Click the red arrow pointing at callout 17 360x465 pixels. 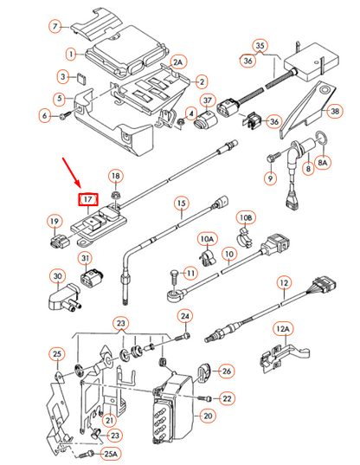(x=72, y=172)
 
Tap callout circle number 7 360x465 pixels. (x=56, y=27)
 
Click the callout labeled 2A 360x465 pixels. (x=178, y=62)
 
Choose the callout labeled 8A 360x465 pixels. (x=324, y=162)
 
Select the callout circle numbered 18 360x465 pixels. (x=116, y=177)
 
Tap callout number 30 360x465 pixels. (x=57, y=277)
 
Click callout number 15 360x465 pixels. (x=181, y=205)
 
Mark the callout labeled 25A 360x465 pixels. (x=110, y=454)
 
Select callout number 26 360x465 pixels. (x=227, y=371)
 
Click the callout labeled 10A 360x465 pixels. (x=207, y=237)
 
